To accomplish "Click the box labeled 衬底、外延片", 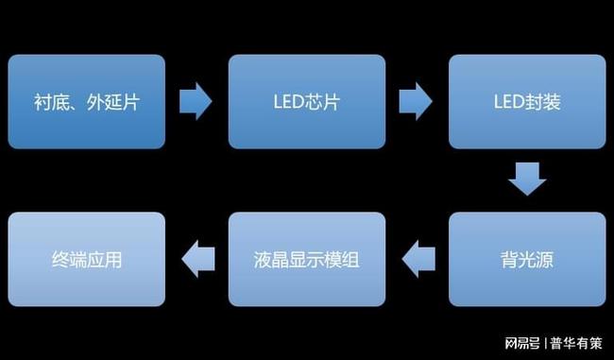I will [86, 101].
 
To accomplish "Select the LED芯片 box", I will [307, 101].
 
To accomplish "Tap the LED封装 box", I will [526, 101].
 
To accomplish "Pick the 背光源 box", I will [526, 259].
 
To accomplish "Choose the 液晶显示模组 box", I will [307, 259].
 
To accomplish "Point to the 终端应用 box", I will [86, 259].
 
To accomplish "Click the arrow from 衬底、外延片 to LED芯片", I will [196, 100].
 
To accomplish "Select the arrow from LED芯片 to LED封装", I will [417, 100].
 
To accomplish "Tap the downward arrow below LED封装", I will [526, 178].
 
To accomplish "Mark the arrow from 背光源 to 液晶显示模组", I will [417, 258].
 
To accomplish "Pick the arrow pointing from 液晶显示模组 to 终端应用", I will [196, 258].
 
